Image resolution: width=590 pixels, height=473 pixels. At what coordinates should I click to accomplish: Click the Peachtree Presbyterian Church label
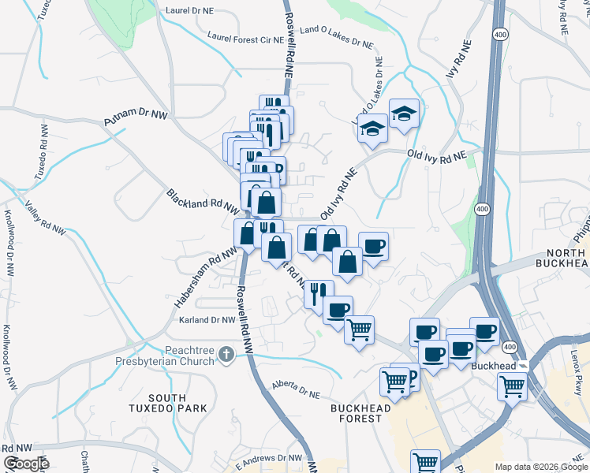point(189,356)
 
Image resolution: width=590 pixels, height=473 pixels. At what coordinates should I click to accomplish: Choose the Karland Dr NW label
point(207,320)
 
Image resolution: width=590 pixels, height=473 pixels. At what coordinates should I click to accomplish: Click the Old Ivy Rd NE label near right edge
point(437,155)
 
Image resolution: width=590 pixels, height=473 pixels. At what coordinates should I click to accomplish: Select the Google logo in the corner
point(26,464)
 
